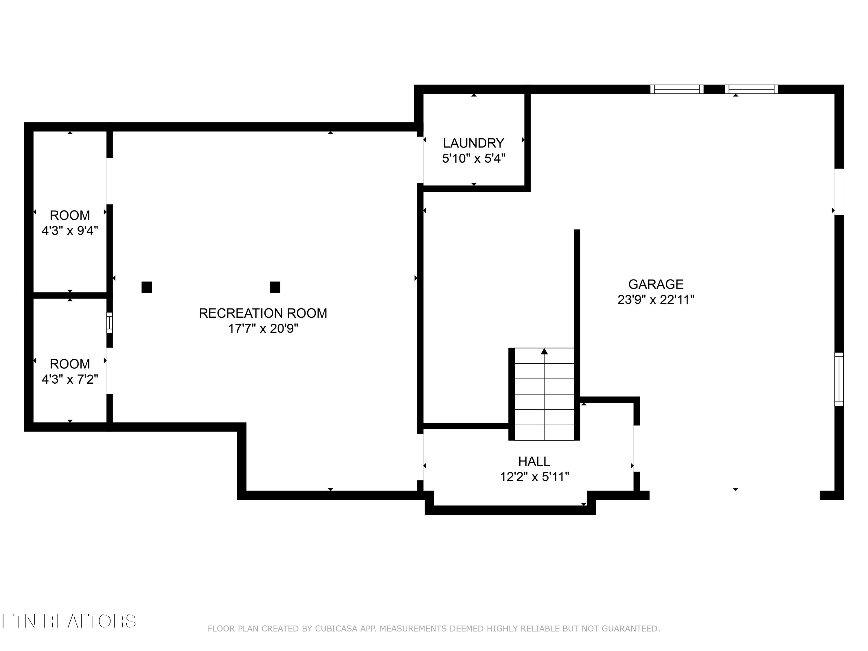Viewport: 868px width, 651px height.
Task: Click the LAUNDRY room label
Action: click(x=473, y=143)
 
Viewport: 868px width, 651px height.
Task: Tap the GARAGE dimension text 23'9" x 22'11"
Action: click(x=656, y=300)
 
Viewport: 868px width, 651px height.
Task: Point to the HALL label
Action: click(x=534, y=461)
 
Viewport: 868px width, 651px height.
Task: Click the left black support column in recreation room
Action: click(x=147, y=287)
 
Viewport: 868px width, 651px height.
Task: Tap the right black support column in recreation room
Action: click(x=275, y=287)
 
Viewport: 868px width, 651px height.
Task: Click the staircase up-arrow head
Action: click(x=544, y=351)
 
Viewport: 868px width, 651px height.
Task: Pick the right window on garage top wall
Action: click(x=751, y=89)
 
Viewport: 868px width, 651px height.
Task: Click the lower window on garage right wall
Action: click(x=838, y=379)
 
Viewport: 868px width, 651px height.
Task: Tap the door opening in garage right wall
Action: click(x=838, y=192)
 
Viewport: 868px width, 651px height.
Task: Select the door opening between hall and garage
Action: click(x=637, y=448)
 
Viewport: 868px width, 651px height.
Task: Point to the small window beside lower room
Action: click(x=109, y=323)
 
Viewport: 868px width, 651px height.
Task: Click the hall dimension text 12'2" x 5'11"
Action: click(x=534, y=477)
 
